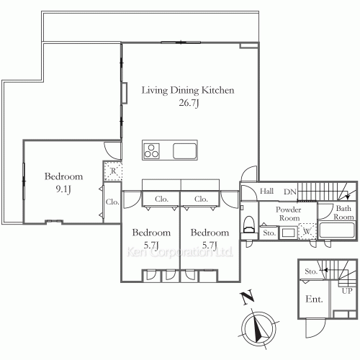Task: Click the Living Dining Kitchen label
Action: point(188,90)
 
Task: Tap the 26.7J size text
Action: point(189,103)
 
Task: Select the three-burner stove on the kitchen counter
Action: point(151,150)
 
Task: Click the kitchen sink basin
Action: point(184,151)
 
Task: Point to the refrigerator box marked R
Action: point(113,171)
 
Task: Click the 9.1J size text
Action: point(63,189)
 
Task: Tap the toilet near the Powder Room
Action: point(249,225)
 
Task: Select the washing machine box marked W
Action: point(307,231)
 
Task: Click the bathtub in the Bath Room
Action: point(337,230)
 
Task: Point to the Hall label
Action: point(266,192)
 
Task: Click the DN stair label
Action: point(290,192)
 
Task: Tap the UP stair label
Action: point(347,291)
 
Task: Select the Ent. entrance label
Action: point(314,300)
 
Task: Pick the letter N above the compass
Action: point(247,297)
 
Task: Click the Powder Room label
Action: point(288,214)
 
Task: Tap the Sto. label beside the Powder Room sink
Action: point(269,233)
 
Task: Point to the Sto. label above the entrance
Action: point(311,271)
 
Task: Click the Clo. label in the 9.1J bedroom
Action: point(112,202)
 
